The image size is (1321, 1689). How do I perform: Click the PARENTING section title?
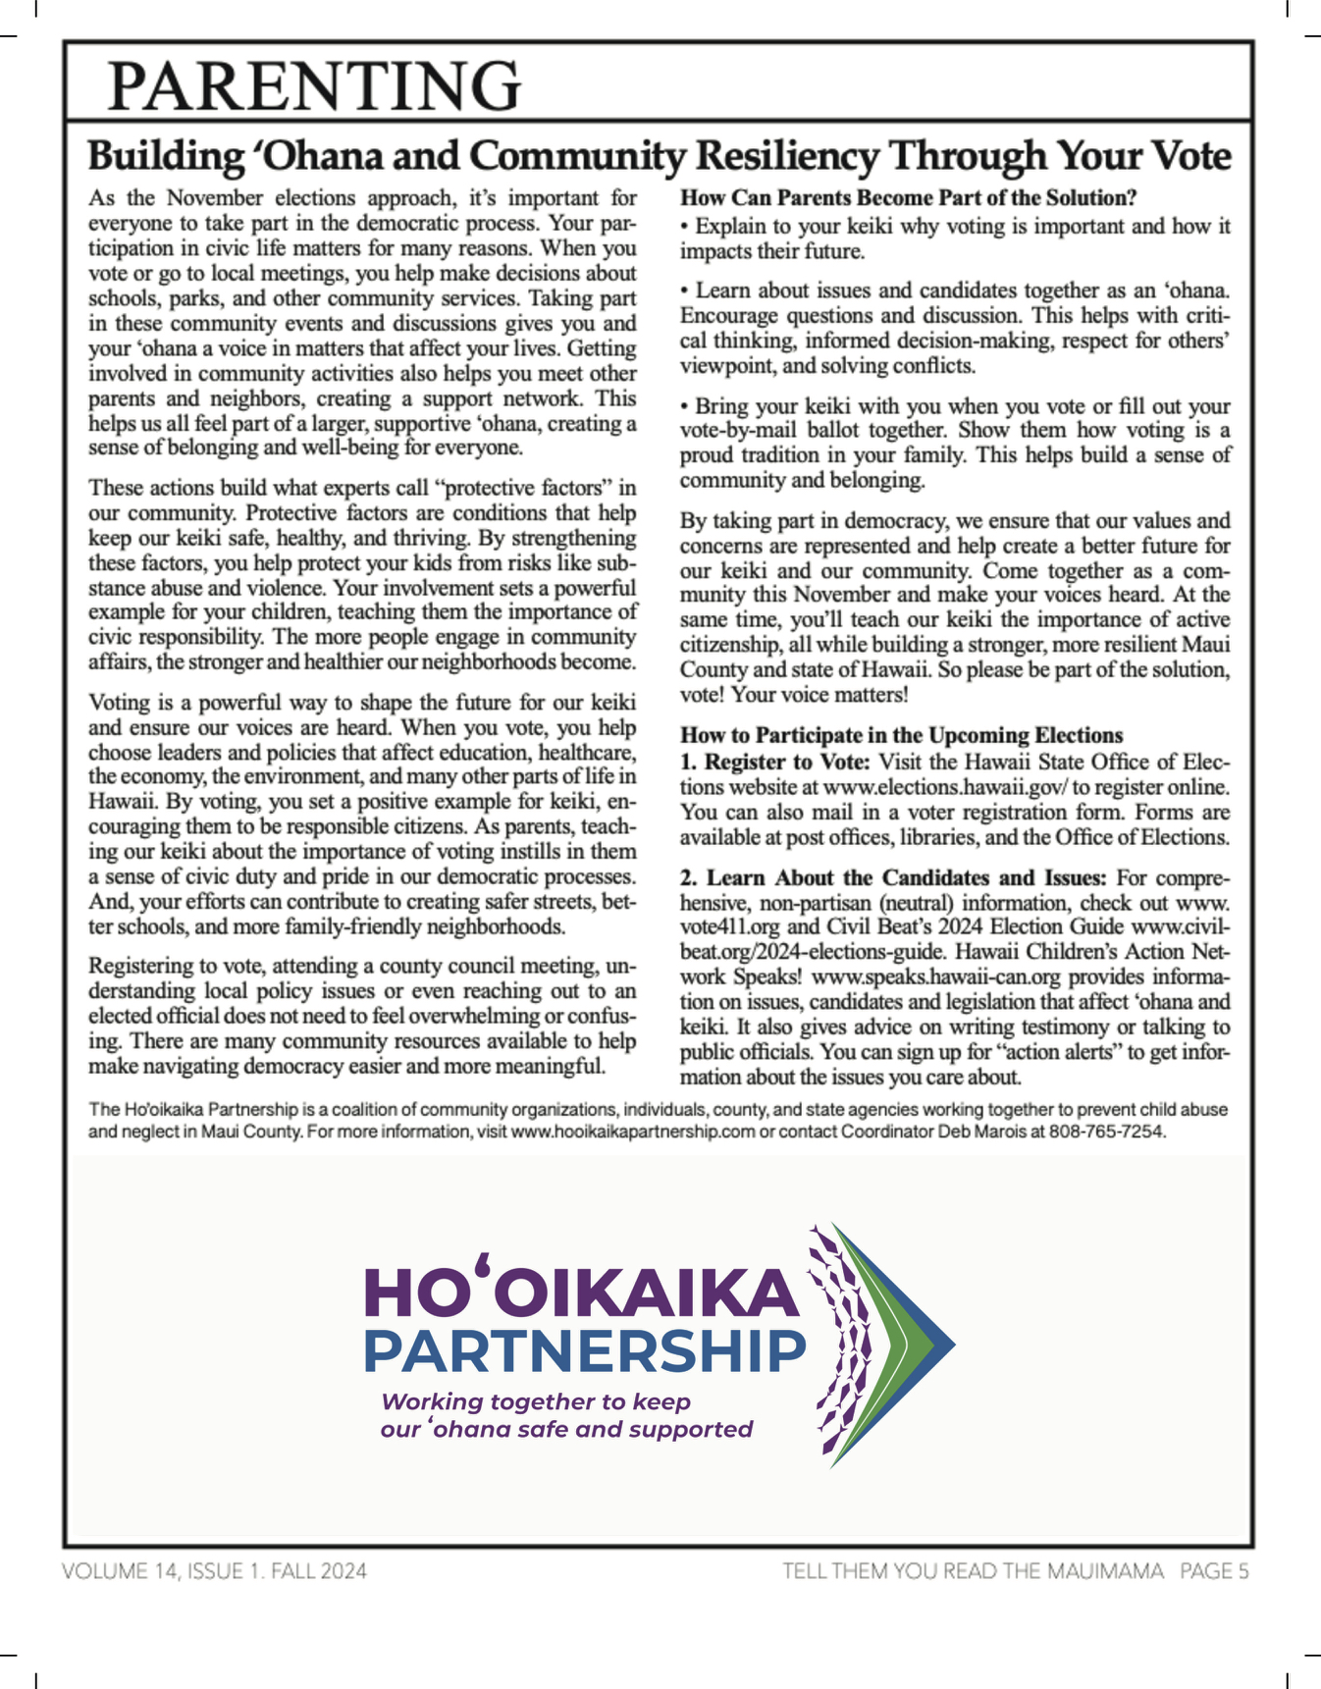[314, 85]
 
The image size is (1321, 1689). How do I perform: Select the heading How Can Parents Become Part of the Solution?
[908, 198]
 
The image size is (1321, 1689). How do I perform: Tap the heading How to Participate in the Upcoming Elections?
[901, 735]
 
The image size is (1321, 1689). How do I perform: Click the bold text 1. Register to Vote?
[774, 762]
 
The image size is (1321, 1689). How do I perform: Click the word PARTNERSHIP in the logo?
[584, 1352]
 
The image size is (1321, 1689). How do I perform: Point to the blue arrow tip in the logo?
[942, 1344]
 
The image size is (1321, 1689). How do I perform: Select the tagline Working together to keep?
[536, 1401]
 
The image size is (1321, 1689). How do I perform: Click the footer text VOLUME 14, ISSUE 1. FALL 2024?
[214, 1571]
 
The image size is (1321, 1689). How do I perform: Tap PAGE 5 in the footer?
[1214, 1571]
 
